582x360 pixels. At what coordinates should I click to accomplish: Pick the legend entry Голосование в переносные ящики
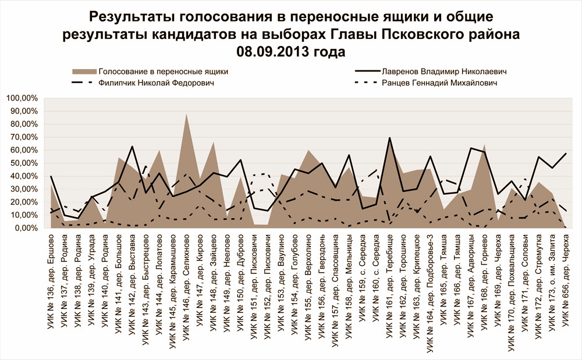(163, 72)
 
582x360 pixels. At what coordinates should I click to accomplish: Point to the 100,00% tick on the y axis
(22, 98)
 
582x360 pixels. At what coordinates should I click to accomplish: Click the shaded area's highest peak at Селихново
(186, 114)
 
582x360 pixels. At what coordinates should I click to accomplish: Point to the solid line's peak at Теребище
(389, 138)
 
